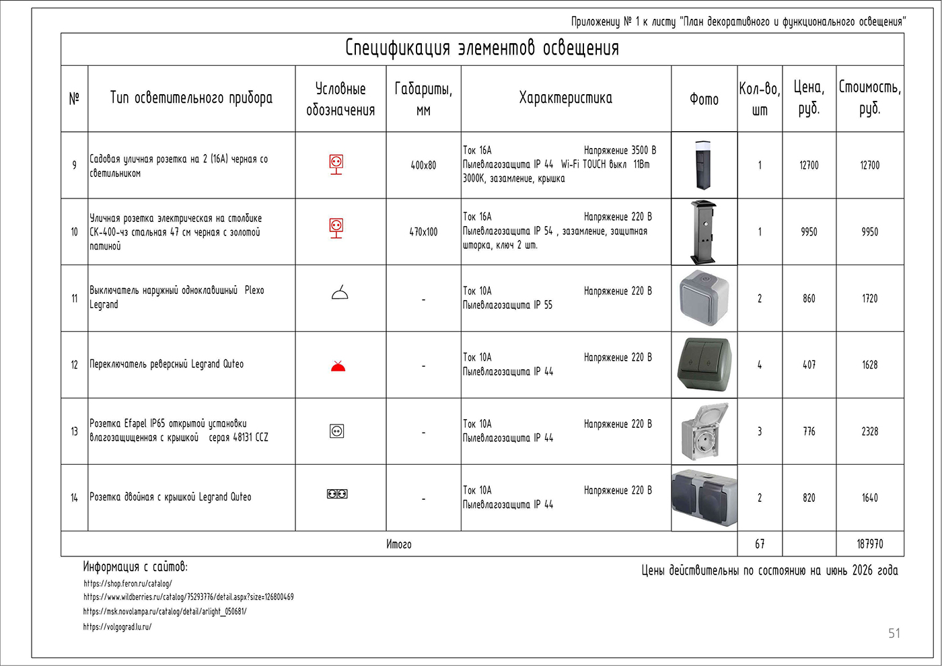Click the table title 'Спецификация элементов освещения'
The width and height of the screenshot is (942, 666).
(482, 48)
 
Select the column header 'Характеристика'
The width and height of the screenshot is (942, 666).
(566, 98)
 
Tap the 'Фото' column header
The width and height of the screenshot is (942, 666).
(704, 100)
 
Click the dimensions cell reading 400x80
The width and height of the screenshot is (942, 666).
(423, 165)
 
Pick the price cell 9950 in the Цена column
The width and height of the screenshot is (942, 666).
(809, 231)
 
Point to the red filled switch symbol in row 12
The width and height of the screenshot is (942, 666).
(338, 366)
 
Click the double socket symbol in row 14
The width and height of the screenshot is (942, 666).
(337, 494)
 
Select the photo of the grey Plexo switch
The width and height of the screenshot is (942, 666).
(704, 298)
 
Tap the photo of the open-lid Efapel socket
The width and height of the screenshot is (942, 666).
(704, 432)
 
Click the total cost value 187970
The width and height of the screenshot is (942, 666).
(870, 544)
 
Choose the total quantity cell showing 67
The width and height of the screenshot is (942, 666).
(760, 544)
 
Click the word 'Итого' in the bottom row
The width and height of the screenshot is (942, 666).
(398, 544)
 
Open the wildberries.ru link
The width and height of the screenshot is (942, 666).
(188, 597)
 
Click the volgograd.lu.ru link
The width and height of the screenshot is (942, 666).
(117, 627)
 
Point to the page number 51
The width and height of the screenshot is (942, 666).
(894, 633)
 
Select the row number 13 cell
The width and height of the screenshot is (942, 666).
(75, 431)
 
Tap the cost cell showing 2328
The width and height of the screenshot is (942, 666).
(870, 431)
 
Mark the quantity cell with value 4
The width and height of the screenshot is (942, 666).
(760, 365)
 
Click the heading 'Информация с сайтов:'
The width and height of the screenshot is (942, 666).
(135, 566)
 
